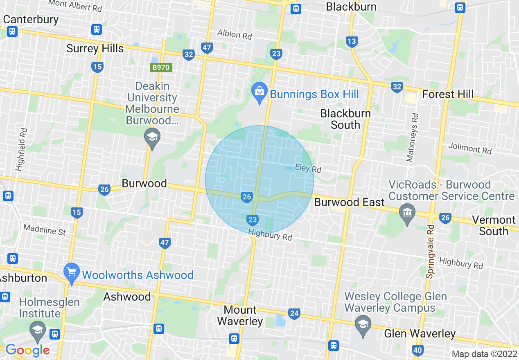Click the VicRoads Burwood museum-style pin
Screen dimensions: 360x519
[407, 212]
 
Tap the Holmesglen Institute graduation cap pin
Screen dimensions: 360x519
[38, 330]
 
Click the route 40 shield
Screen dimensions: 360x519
[417, 350]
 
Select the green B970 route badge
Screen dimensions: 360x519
[160, 67]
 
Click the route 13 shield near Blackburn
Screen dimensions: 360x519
[351, 41]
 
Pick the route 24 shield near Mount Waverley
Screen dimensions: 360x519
[294, 314]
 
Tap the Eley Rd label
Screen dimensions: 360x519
[308, 168]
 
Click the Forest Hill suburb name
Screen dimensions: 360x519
[448, 94]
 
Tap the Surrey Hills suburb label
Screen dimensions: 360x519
[95, 49]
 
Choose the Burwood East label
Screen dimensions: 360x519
[349, 202]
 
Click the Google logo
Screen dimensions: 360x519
[27, 350]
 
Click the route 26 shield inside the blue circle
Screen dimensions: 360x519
[246, 197]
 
